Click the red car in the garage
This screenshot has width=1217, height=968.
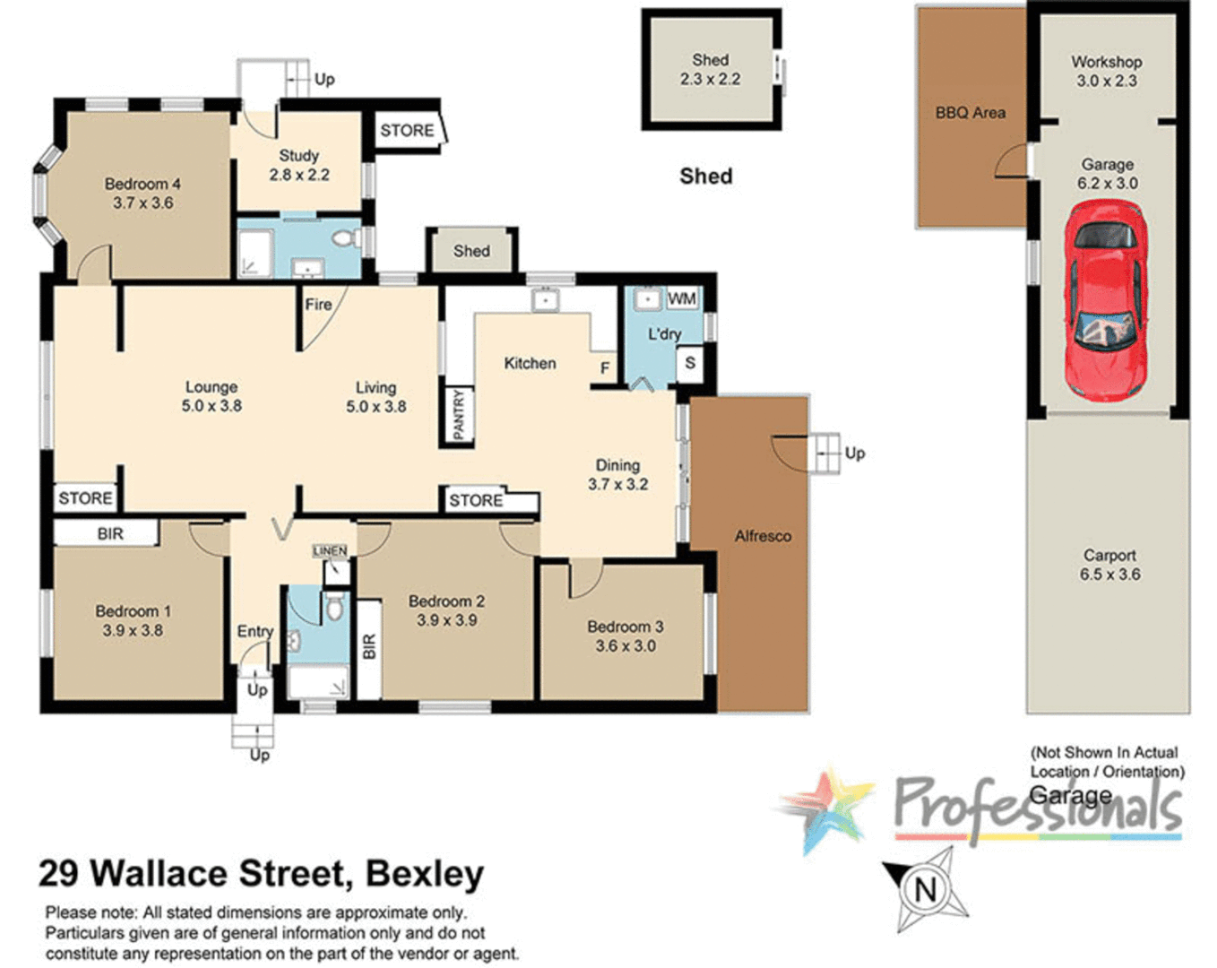[1106, 300]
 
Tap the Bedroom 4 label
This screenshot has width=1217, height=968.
[142, 193]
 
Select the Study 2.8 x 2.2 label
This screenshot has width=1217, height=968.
[299, 165]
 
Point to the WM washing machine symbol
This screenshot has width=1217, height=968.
[681, 298]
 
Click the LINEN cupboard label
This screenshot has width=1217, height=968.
[330, 550]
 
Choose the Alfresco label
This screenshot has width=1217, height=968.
[763, 536]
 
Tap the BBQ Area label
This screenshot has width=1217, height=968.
[970, 113]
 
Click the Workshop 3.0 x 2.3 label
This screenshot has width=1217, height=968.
[1106, 71]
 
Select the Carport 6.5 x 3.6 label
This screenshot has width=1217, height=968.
[1109, 565]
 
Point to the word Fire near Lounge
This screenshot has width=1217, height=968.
[318, 305]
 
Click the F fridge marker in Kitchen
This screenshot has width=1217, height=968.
[605, 367]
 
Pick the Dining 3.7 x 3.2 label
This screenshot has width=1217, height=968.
[617, 474]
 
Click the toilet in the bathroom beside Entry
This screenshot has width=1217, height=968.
[334, 608]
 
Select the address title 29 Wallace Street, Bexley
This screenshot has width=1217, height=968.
[261, 873]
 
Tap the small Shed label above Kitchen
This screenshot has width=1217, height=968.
[471, 251]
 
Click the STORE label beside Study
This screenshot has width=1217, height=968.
[407, 131]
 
